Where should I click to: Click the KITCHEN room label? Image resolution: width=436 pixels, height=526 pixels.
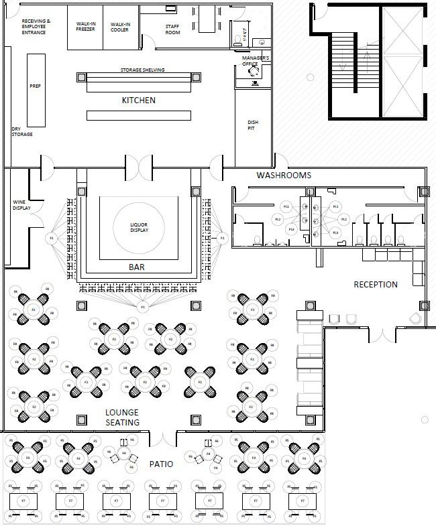coord(138,101)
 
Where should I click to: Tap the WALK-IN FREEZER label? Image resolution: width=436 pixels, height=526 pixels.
coord(85,27)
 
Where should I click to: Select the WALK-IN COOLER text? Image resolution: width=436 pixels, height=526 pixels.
coord(120,27)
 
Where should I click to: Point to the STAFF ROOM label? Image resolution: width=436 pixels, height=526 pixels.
coord(172,29)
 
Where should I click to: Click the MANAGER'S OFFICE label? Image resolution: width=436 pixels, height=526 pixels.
coord(256,61)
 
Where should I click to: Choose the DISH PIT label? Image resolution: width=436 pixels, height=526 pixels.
coord(252,125)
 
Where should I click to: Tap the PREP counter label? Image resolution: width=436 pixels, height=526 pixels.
coord(36,86)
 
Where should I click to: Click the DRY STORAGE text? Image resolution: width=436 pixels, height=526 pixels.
coord(21,131)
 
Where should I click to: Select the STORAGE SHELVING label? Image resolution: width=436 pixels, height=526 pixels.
coord(142,70)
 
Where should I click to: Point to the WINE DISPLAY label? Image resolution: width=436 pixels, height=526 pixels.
coord(21,204)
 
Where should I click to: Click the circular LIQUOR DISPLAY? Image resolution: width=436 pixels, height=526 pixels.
coord(139,228)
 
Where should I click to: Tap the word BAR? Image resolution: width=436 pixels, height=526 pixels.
coord(136,267)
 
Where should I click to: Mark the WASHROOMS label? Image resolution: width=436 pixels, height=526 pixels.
coord(284,176)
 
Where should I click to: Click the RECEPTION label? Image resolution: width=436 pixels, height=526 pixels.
coord(376,284)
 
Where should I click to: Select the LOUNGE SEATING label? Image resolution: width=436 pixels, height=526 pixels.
coord(122,417)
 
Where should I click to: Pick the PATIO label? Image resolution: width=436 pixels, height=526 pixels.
coord(161,464)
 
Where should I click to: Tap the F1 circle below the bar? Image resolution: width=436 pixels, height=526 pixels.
coord(142,307)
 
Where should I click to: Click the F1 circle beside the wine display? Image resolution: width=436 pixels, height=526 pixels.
coord(52,238)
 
